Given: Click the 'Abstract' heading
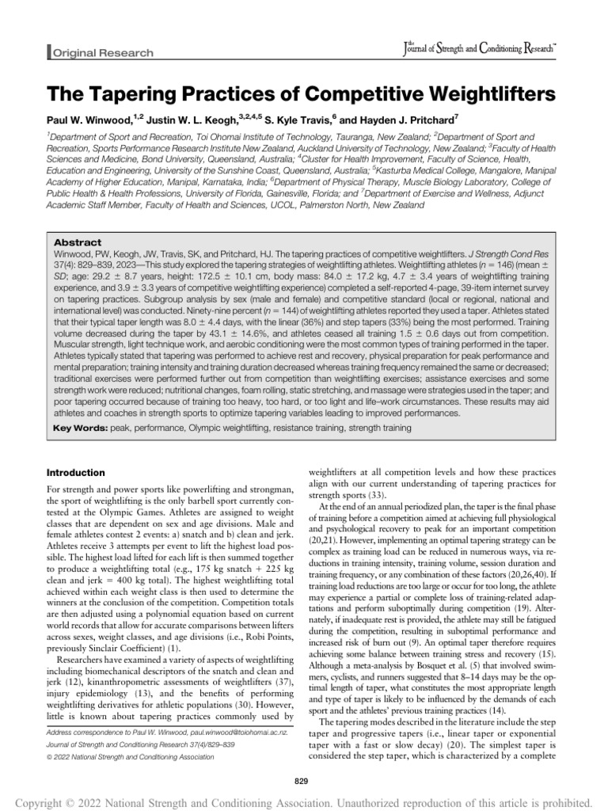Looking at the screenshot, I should [x=77, y=243].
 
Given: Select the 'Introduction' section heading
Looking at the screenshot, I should [x=78, y=472].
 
